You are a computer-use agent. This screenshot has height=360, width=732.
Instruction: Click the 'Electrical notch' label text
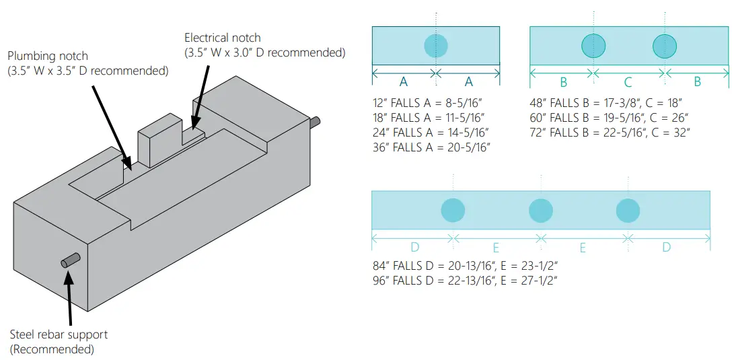coord(222,38)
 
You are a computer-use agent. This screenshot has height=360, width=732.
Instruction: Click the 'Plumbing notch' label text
coord(48,57)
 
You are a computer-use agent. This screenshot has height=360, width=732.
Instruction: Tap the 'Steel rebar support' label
coord(59,334)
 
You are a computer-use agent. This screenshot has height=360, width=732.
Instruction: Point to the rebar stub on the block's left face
coord(71,260)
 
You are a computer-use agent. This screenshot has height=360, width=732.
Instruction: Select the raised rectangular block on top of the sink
coord(159,140)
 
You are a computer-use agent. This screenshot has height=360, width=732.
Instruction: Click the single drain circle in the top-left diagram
coord(436,46)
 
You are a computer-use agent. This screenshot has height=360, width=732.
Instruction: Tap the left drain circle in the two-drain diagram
coord(593,46)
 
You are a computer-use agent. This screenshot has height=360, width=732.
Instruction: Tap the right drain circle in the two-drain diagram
coord(665,46)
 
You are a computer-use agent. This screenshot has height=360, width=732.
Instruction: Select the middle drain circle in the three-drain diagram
coord(541,210)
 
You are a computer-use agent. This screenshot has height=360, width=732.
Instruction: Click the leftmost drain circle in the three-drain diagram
coord(453,210)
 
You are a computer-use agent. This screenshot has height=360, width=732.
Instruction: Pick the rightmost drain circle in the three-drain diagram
coord(628,210)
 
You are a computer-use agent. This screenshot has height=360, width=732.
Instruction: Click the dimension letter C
coord(628,82)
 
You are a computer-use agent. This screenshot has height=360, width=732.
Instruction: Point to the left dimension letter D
coord(412,247)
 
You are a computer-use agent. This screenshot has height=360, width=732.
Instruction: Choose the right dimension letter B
coord(697,82)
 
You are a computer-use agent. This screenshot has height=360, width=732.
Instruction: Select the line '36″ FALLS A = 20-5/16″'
coord(431,147)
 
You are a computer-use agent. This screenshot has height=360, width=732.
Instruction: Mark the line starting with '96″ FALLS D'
coord(465,279)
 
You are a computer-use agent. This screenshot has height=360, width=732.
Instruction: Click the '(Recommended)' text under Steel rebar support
coord(52,349)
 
